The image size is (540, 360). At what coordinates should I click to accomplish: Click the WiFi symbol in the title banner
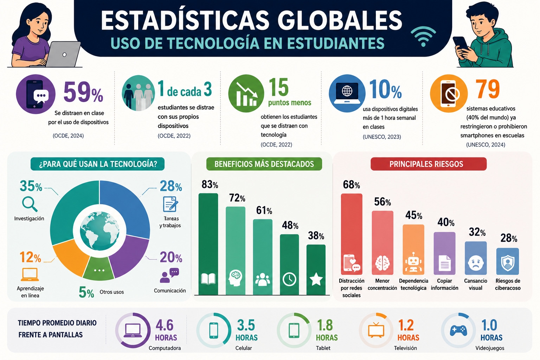(x=423, y=37)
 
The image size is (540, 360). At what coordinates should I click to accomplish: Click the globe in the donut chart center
(x=99, y=231)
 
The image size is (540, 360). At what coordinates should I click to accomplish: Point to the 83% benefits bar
(x=208, y=244)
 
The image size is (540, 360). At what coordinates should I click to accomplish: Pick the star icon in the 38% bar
(x=316, y=279)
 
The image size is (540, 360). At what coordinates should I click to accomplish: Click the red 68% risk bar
(x=352, y=234)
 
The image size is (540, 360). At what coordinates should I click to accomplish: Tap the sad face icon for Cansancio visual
(x=475, y=263)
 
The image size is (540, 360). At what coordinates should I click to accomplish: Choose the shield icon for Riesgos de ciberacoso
(x=507, y=263)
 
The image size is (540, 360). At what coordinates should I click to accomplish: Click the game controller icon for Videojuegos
(x=458, y=330)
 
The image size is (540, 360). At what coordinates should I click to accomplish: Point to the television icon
(x=376, y=330)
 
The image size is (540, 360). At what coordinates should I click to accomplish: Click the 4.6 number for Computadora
(x=165, y=325)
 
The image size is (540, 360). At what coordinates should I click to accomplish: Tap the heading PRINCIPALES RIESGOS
(x=426, y=164)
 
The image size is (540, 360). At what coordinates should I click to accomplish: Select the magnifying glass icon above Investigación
(x=30, y=204)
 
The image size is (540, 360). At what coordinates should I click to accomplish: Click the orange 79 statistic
(x=488, y=89)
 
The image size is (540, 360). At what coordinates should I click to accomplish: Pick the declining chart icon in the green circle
(x=246, y=94)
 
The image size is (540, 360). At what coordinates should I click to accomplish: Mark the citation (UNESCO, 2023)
(x=382, y=137)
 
